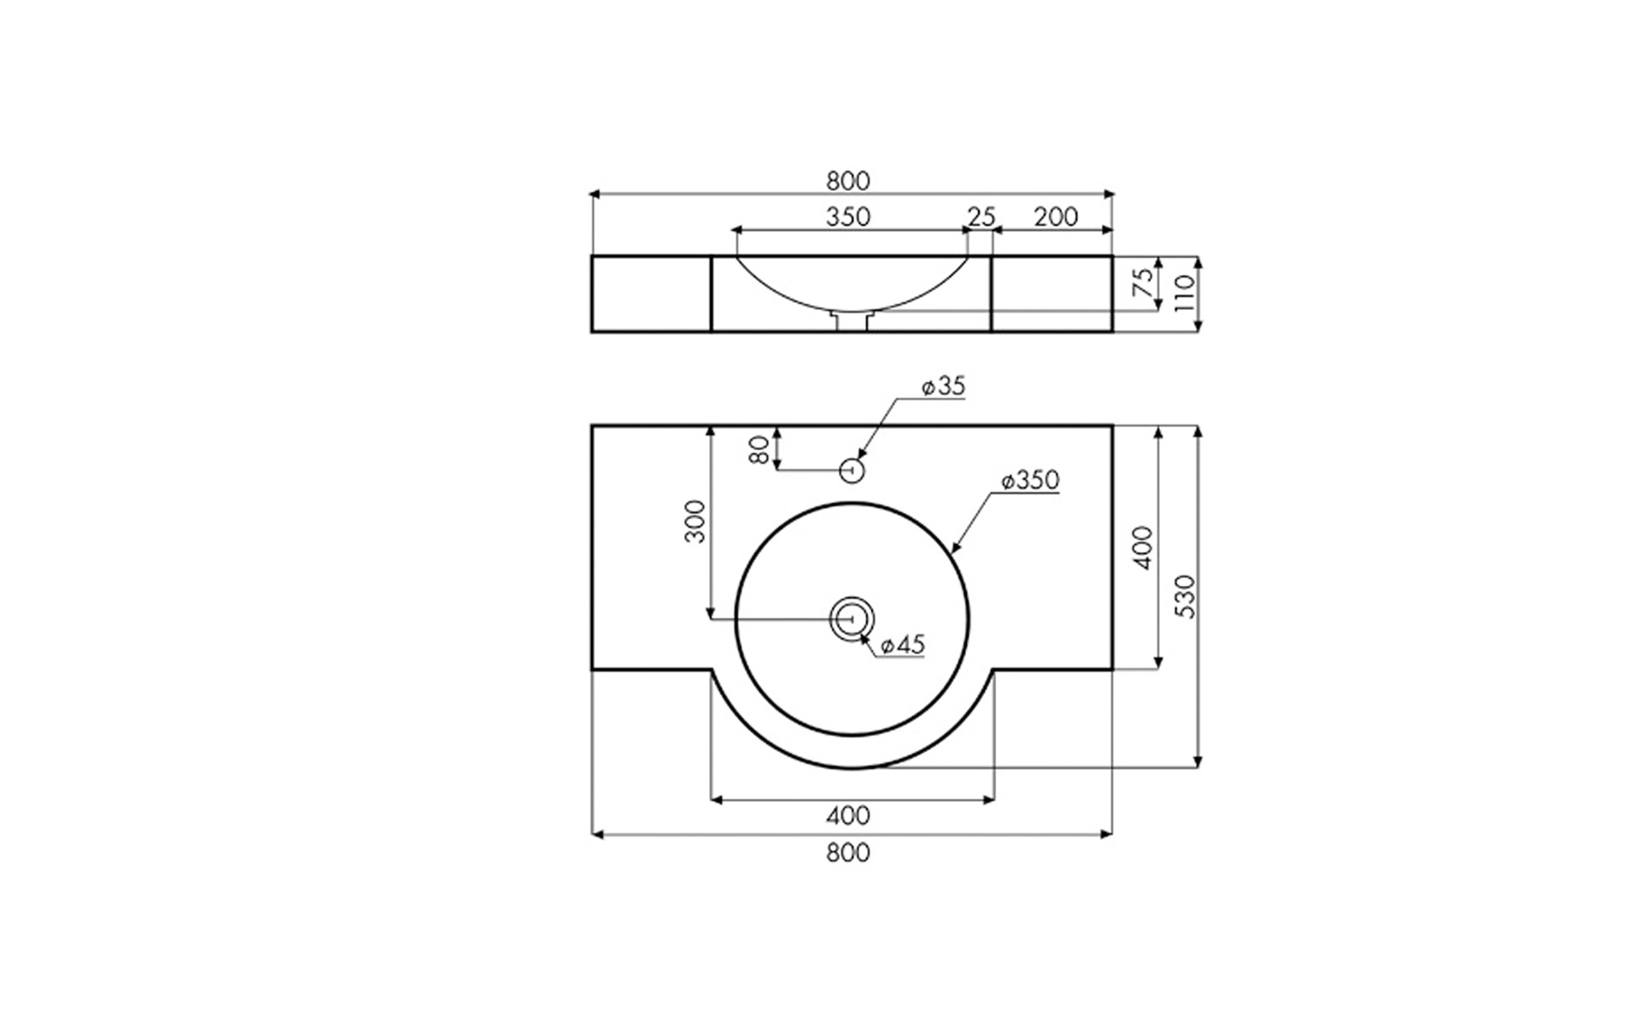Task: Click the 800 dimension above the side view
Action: click(x=848, y=181)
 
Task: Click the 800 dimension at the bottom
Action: click(x=848, y=852)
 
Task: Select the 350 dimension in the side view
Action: click(x=848, y=217)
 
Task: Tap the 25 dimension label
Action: click(x=981, y=217)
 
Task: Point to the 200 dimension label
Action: click(x=1056, y=217)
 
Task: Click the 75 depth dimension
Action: click(x=1143, y=283)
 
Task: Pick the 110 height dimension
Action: click(x=1184, y=293)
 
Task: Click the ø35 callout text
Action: click(x=943, y=386)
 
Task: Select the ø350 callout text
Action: click(x=1030, y=480)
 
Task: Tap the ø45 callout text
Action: click(x=903, y=645)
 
